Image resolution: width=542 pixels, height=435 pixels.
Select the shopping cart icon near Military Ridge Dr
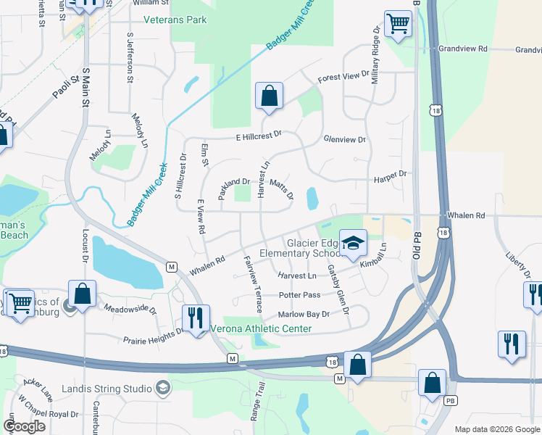(398, 24)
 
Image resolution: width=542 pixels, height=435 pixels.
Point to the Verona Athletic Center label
(261, 328)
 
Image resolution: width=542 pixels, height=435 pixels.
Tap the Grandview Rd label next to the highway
(464, 49)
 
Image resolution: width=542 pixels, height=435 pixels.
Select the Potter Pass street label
(299, 295)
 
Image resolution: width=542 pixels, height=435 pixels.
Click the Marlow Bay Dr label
(304, 315)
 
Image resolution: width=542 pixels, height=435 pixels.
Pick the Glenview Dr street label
(345, 138)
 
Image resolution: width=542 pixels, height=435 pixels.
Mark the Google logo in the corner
(24, 426)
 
